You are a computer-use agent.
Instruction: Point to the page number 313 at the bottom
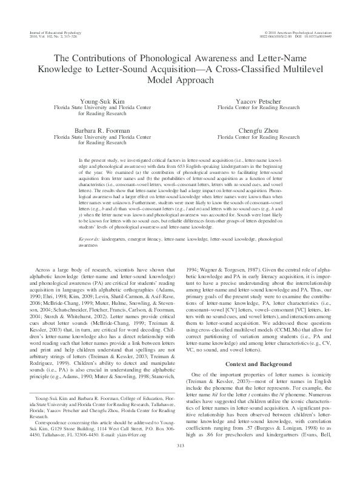point(179,463)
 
